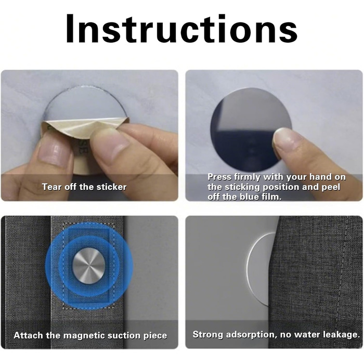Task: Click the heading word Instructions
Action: (x=181, y=29)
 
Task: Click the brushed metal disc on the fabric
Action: (x=88, y=266)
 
